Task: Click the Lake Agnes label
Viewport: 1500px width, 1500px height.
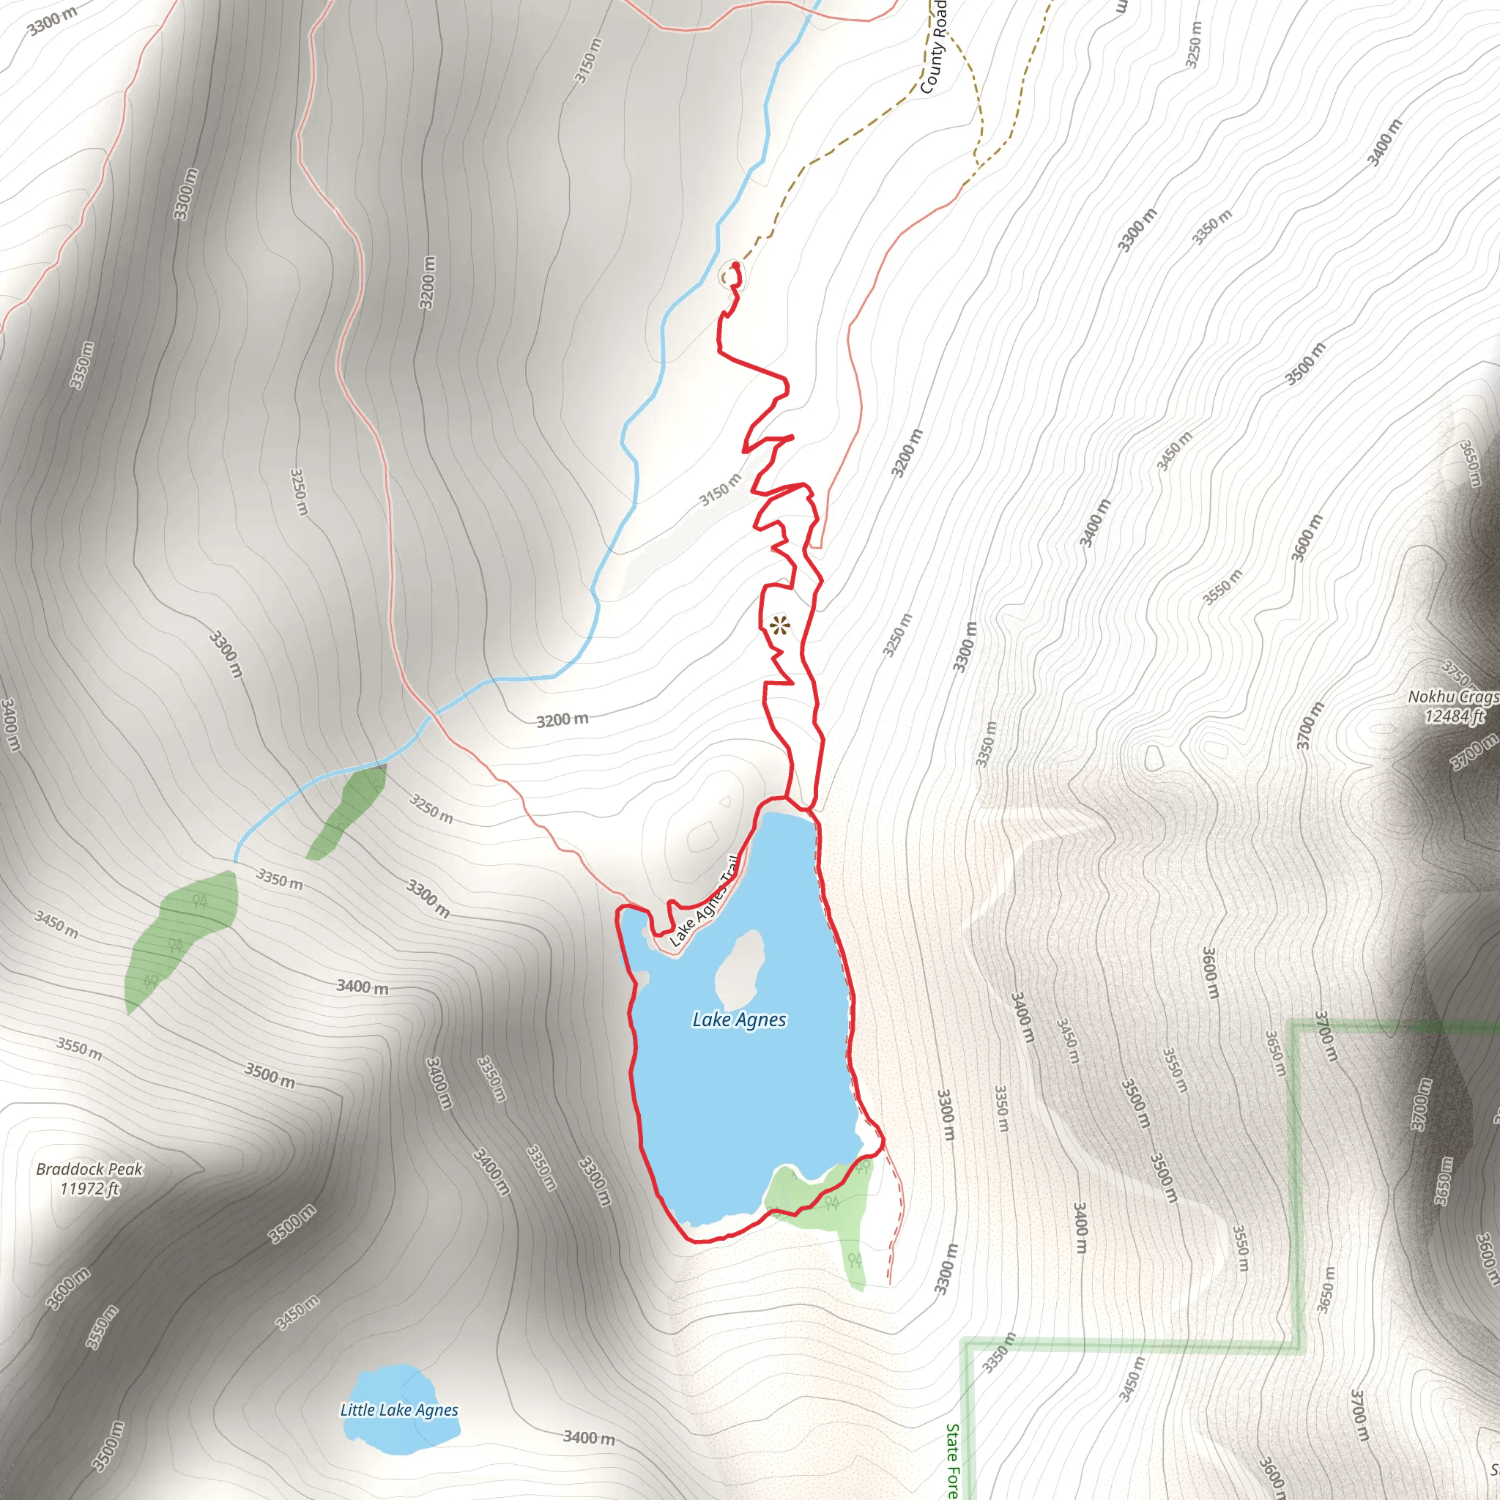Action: [739, 1020]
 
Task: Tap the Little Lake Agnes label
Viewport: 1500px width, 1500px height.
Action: [399, 1410]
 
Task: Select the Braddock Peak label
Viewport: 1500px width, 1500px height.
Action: [90, 1169]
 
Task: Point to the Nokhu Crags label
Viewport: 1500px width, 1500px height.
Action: [1452, 697]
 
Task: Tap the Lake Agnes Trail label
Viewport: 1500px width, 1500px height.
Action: [703, 902]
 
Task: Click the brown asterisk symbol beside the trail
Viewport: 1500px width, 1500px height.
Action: [779, 625]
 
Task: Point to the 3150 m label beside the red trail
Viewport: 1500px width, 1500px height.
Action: [721, 489]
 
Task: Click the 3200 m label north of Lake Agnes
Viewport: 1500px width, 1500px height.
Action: [562, 720]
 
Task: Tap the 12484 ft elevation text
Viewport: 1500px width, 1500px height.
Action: [1454, 716]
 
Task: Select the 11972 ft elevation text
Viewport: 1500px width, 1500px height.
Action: [90, 1189]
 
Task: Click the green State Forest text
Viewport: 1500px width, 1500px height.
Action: [953, 1460]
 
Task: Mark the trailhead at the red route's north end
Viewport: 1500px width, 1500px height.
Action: [735, 266]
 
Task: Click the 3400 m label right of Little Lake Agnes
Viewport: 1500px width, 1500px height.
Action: [589, 1437]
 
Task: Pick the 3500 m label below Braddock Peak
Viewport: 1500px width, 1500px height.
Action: [292, 1224]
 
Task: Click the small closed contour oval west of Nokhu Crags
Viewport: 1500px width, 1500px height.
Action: [1154, 757]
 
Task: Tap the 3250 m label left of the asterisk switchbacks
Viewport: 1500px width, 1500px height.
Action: [300, 491]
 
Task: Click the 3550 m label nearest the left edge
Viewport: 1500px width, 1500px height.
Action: [78, 1047]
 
